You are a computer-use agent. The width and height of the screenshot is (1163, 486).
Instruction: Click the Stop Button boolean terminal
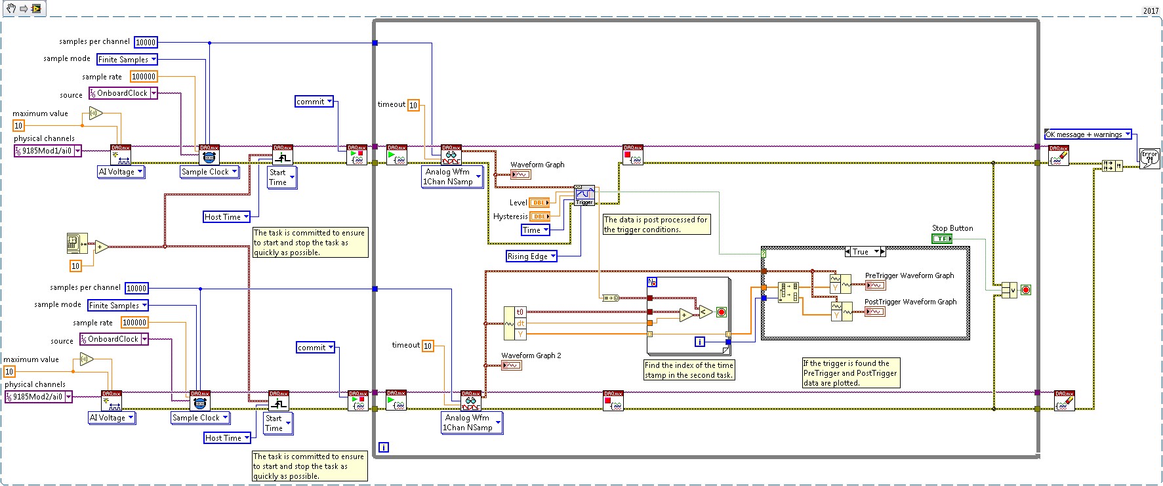[941, 239]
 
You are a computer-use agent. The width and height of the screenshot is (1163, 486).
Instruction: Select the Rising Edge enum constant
[531, 256]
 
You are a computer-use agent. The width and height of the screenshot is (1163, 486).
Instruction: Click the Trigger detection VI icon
[584, 195]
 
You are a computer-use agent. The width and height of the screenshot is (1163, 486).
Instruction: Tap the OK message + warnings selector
[1088, 134]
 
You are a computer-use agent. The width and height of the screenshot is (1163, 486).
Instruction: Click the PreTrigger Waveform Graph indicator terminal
[875, 285]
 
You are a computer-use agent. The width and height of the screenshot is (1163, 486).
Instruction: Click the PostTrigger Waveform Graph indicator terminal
[875, 312]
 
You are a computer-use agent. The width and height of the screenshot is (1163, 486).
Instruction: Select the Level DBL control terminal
[539, 203]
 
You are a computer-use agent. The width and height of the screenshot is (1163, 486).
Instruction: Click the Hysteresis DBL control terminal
[540, 216]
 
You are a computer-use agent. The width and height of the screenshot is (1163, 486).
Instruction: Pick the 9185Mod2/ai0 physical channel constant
[38, 397]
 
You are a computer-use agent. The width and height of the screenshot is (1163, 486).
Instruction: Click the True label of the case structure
[865, 252]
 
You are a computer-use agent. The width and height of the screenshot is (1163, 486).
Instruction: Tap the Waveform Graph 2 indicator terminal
[512, 365]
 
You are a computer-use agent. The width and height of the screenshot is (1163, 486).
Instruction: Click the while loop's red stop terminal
[1026, 290]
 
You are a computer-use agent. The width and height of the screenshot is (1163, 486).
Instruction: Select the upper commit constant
[314, 102]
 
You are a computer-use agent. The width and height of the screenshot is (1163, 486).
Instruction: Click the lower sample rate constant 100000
[134, 323]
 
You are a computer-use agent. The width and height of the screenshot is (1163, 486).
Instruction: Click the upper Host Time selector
[227, 217]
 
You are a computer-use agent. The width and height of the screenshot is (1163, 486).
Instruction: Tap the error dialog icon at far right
[1149, 158]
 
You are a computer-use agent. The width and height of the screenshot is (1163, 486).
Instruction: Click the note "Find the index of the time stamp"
[689, 370]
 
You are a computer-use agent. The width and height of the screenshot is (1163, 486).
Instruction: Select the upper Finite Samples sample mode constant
[127, 60]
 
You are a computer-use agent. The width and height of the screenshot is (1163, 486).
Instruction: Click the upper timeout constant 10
[413, 105]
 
